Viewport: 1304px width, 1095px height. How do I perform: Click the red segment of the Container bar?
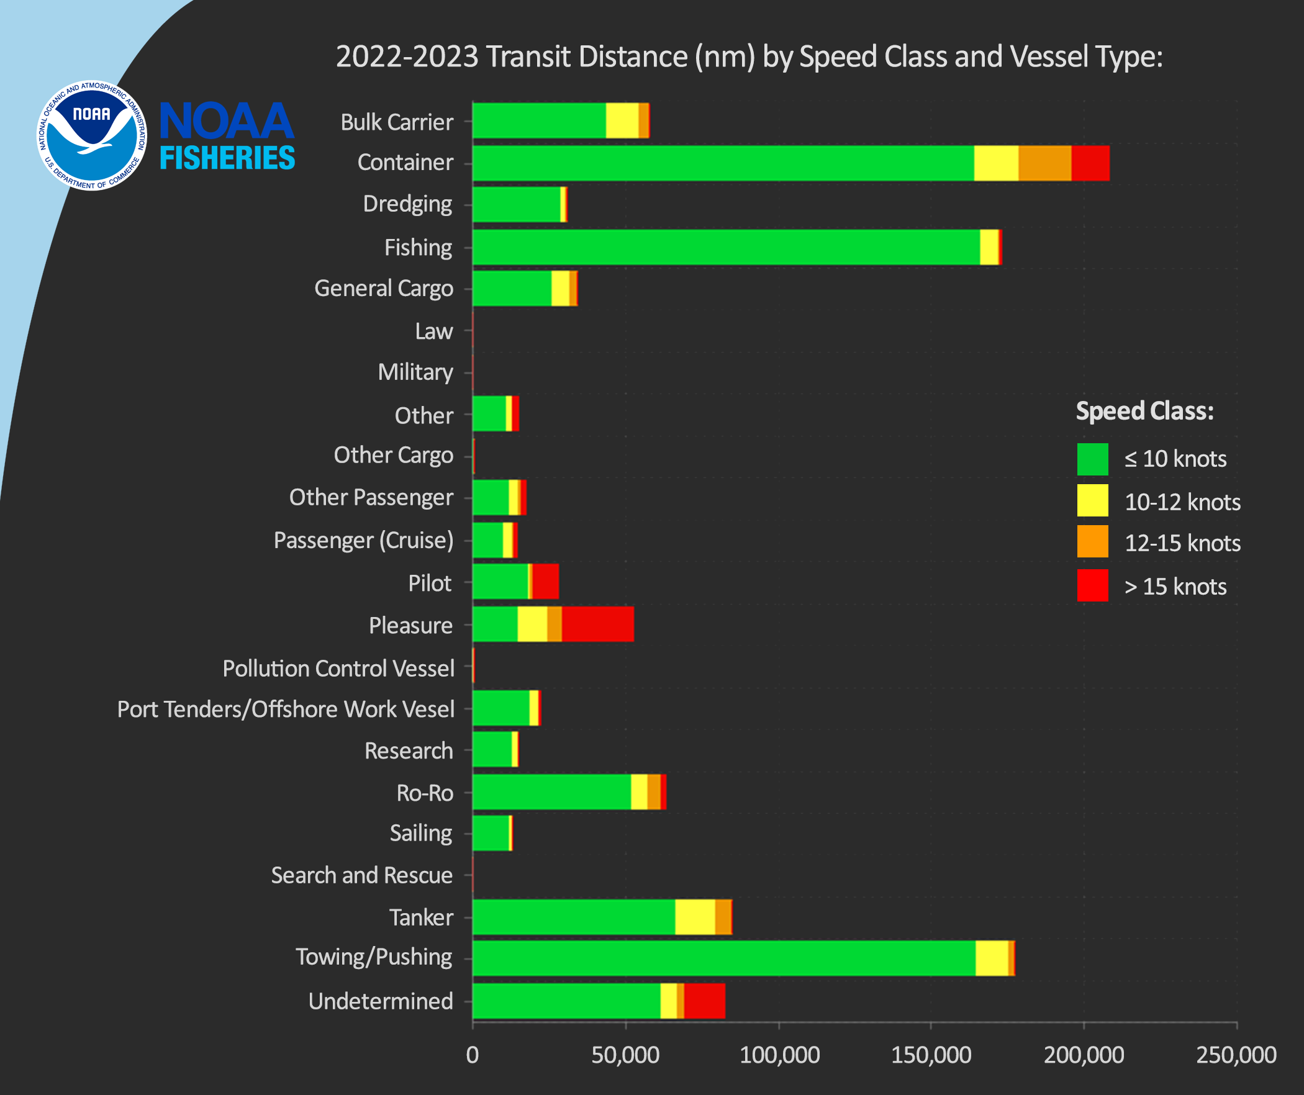(1090, 163)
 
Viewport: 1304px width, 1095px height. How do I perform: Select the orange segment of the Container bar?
(1044, 163)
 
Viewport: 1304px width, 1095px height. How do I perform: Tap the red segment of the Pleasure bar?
(597, 624)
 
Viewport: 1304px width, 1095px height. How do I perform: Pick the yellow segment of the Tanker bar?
(695, 917)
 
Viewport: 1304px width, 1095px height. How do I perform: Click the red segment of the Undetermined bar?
(704, 1001)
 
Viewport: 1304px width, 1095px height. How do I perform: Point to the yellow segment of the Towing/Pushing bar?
(992, 958)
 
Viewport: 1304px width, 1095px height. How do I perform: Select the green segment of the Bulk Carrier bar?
(539, 120)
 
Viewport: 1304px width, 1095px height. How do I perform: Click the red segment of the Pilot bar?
(545, 582)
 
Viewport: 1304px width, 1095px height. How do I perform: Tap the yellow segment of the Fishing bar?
(989, 247)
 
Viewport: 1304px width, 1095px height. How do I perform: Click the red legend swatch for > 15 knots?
(1092, 585)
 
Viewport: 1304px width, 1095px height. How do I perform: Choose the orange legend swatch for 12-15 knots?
(1092, 542)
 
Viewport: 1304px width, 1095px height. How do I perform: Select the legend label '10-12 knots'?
(1182, 502)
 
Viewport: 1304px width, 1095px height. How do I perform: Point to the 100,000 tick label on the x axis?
(779, 1055)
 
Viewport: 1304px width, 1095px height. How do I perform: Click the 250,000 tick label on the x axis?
(1236, 1055)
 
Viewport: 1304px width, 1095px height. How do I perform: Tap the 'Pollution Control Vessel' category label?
(338, 669)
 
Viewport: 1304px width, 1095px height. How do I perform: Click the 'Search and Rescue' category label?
(362, 875)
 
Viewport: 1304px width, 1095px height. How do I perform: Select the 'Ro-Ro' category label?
(425, 793)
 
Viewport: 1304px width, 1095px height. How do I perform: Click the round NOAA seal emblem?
(92, 136)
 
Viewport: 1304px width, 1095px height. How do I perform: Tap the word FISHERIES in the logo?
(227, 158)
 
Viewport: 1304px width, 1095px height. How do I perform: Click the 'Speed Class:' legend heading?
(1144, 411)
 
